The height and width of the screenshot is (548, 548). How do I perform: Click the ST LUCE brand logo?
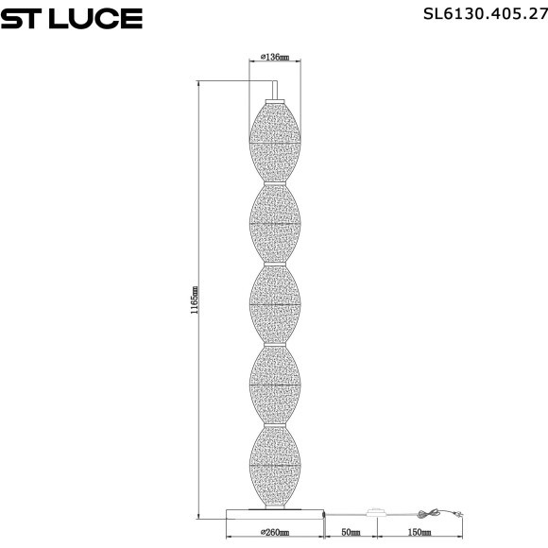pos(72,18)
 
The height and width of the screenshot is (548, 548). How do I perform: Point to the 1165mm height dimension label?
pos(195,300)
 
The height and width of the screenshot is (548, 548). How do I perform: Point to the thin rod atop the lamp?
pos(276,89)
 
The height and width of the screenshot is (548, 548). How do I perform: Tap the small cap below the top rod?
pos(276,100)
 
